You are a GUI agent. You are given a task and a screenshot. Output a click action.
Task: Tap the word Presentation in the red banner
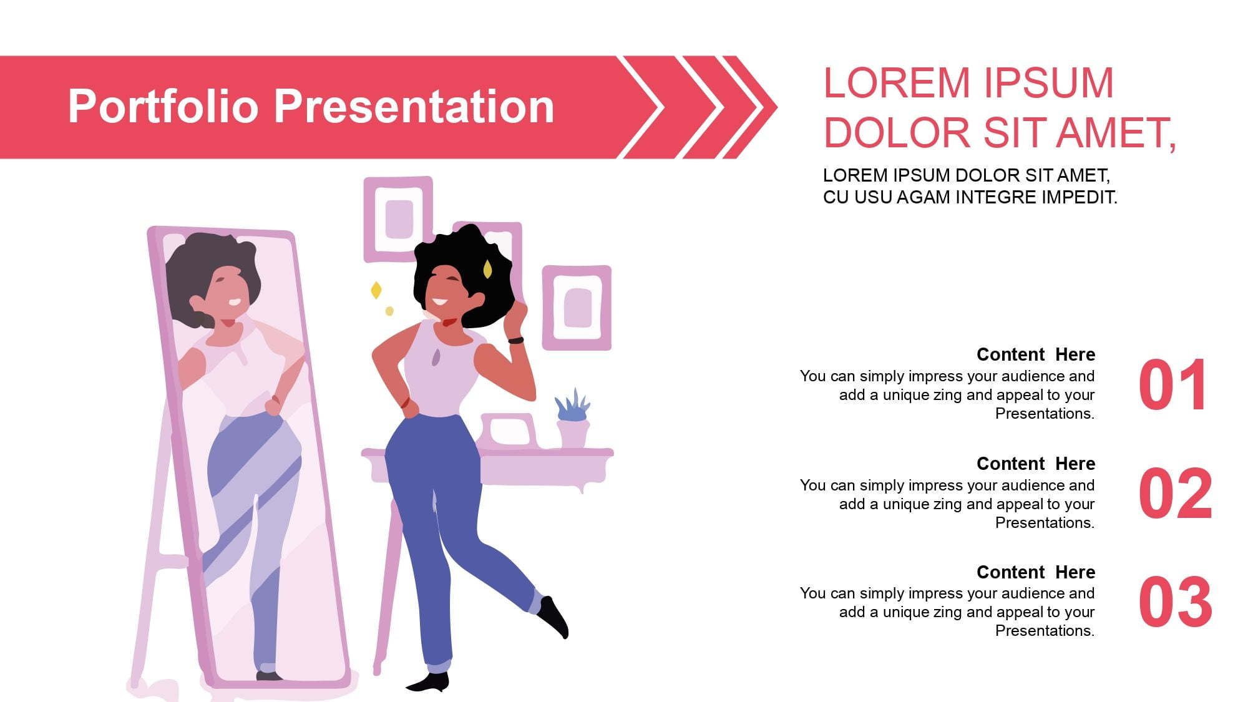tap(414, 105)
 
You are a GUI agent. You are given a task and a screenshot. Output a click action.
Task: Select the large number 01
tap(1172, 385)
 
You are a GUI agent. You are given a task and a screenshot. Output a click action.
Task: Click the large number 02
tap(1176, 494)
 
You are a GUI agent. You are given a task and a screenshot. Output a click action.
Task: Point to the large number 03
tap(1176, 602)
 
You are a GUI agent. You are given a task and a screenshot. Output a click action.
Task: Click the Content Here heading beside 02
tap(1036, 464)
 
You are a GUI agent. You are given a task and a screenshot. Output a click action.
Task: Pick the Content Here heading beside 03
tap(1036, 572)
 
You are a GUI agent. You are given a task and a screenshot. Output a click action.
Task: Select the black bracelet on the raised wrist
tap(516, 340)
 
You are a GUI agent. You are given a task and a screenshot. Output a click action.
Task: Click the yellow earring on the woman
tap(487, 270)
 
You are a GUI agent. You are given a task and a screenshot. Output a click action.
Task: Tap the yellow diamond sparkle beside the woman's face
tap(376, 290)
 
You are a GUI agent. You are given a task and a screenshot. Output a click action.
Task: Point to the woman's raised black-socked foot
tap(554, 617)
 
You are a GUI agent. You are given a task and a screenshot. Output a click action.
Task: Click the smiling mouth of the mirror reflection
tap(235, 303)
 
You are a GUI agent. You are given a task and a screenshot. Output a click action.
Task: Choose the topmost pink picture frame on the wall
tap(398, 219)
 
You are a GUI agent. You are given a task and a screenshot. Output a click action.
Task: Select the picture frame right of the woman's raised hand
tap(577, 308)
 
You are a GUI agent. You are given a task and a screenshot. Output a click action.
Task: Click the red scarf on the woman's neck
tap(449, 322)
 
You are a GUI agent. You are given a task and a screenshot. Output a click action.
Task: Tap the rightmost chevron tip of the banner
tap(776, 107)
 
